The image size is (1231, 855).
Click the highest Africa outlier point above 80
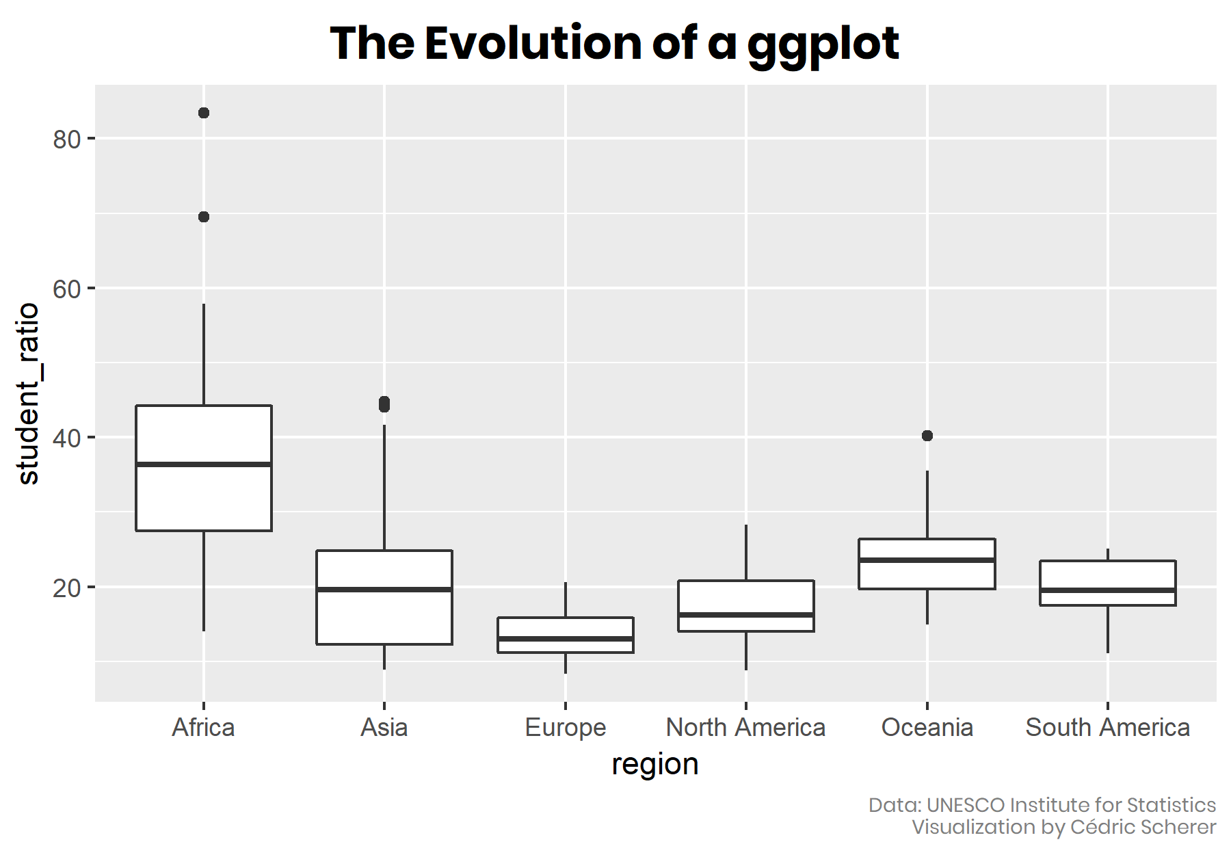point(204,113)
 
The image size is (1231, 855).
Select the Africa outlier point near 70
point(204,217)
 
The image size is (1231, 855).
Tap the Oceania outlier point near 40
point(927,436)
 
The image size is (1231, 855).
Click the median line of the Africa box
point(204,464)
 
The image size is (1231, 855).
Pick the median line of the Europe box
point(566,639)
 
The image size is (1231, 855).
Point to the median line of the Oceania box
point(927,560)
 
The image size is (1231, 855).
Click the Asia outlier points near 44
point(384,404)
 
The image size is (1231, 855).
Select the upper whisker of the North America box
point(746,553)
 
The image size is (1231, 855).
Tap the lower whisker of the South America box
point(1108,629)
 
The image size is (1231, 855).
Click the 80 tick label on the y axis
point(66,140)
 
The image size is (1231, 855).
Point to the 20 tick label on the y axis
point(66,588)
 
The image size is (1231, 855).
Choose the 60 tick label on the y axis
point(66,289)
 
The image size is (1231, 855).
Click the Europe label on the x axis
point(566,728)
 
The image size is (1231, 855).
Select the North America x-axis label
point(746,728)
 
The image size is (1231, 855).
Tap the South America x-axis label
point(1108,728)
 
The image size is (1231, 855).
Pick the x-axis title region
point(655,764)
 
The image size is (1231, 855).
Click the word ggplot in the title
point(823,44)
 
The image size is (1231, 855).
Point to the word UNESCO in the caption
point(966,805)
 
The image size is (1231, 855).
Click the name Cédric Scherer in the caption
point(1143,827)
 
